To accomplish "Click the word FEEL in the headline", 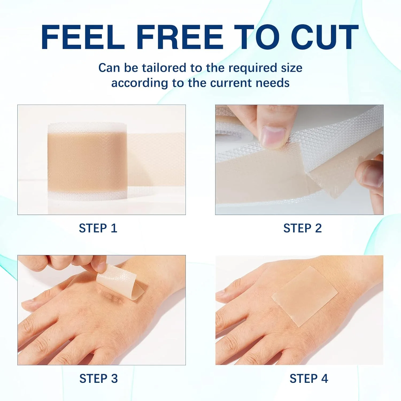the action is click(83, 37).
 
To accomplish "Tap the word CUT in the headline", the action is click(325, 37).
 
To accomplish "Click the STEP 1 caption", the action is click(98, 228).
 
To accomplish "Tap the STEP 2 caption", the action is click(303, 228).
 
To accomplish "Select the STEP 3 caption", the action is click(99, 379).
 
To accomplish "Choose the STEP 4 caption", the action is click(309, 379).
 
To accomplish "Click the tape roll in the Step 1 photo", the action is click(87, 162).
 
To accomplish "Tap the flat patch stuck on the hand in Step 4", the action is click(305, 296).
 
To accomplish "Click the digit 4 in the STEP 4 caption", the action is click(325, 379).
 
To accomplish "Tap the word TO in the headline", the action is click(257, 37).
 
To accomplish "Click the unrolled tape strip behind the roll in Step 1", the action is click(156, 160).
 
